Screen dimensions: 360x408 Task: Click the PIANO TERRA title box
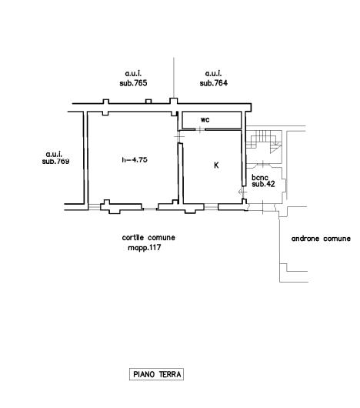pyautogui.click(x=156, y=374)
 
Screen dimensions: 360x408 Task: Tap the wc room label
pyautogui.click(x=205, y=119)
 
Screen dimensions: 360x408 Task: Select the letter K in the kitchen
pyautogui.click(x=216, y=165)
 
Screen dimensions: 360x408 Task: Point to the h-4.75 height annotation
pyautogui.click(x=135, y=159)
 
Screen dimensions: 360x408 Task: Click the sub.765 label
pyautogui.click(x=133, y=83)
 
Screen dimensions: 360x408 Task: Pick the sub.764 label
pyautogui.click(x=214, y=83)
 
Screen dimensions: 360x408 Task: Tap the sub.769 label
pyautogui.click(x=55, y=162)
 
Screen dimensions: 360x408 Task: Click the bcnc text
pyautogui.click(x=260, y=178)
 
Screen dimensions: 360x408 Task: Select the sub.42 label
pyautogui.click(x=263, y=184)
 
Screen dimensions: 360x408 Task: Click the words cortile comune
pyautogui.click(x=148, y=238)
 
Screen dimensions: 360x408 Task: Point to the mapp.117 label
pyautogui.click(x=145, y=247)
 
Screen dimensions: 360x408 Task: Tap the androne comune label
pyautogui.click(x=321, y=239)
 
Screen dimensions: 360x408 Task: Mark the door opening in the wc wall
pyautogui.click(x=200, y=129)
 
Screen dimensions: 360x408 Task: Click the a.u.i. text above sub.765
pyautogui.click(x=133, y=74)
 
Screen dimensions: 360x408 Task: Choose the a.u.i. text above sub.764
pyautogui.click(x=214, y=74)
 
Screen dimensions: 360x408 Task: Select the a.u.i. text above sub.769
pyautogui.click(x=54, y=154)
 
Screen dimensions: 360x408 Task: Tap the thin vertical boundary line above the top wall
pyautogui.click(x=174, y=78)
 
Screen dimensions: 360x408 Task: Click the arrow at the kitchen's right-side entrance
pyautogui.click(x=242, y=192)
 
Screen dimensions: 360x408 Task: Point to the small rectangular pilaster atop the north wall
pyautogui.click(x=148, y=101)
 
